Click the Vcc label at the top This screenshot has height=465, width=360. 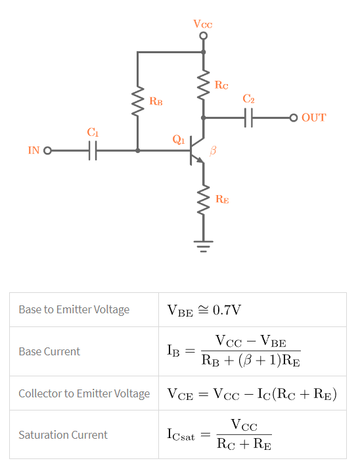point(203,24)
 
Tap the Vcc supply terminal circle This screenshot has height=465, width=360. point(203,35)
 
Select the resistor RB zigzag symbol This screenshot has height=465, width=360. point(137,102)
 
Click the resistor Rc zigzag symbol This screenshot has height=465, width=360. point(203,85)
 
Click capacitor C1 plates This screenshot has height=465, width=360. point(93,150)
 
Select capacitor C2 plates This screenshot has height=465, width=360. point(249,118)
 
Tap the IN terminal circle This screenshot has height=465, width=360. point(47,150)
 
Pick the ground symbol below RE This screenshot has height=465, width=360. point(203,247)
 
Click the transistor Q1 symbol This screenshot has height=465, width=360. point(197,151)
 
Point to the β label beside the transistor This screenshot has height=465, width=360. point(212,151)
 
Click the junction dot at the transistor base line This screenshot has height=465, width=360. point(137,150)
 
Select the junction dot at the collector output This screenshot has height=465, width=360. point(203,118)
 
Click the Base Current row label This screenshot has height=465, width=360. point(49,351)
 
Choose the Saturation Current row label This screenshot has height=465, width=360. point(63,435)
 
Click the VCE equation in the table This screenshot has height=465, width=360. point(252,394)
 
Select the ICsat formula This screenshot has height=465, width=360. point(219,435)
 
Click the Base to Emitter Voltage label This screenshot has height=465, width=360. point(74,309)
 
